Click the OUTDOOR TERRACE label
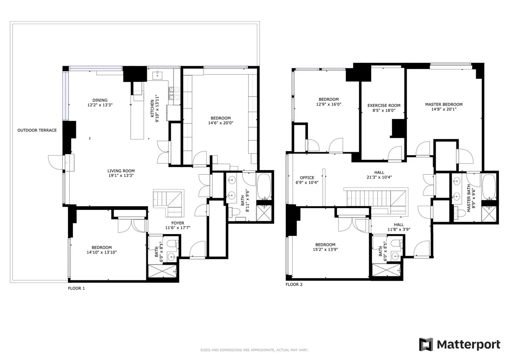click(37, 130)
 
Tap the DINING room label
click(100, 100)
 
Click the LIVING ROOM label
click(121, 170)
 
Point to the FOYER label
click(178, 223)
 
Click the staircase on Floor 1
click(168, 201)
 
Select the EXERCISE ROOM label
click(383, 106)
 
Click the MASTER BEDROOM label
click(444, 104)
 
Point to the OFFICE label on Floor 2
click(307, 178)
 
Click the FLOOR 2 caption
click(294, 285)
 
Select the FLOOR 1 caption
click(76, 288)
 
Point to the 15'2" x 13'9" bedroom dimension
click(325, 249)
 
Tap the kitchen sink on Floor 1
click(158, 75)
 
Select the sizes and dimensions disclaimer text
click(254, 350)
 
